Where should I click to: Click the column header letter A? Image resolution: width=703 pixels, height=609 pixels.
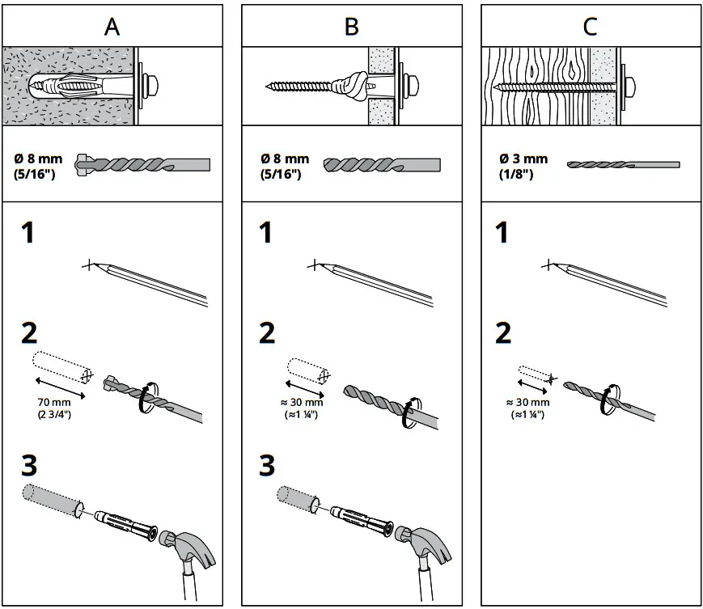pos(112,26)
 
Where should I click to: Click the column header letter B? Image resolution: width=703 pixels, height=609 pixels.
pos(351,26)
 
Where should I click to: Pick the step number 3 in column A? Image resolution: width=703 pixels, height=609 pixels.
pos(29,467)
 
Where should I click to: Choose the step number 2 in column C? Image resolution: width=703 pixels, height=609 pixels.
pos(502,332)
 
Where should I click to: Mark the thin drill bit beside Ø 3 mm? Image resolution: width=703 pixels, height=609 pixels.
pos(623,164)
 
